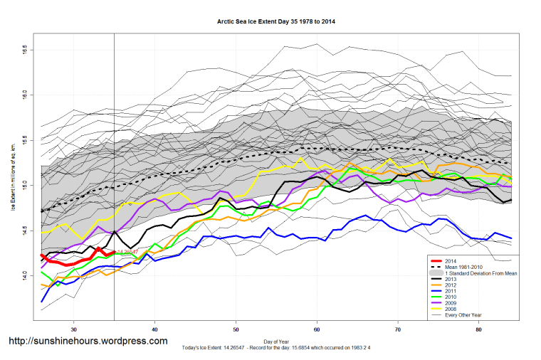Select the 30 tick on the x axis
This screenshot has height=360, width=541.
(x=74, y=329)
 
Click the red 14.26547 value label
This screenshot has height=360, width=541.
(x=127, y=252)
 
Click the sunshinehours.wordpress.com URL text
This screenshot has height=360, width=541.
(x=88, y=342)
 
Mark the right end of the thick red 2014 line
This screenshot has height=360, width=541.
(x=114, y=252)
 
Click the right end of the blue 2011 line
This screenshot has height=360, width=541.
(x=511, y=238)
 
